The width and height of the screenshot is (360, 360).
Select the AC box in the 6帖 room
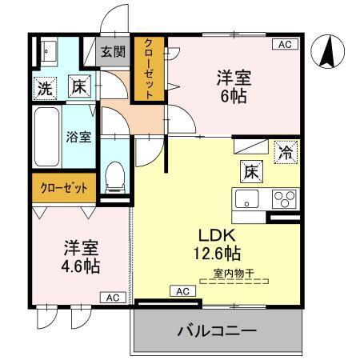point(284,45)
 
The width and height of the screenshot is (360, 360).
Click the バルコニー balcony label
point(215,330)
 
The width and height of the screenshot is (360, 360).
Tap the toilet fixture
point(117,177)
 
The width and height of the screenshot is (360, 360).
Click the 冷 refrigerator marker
point(283,150)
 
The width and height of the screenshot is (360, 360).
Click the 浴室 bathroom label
point(78,136)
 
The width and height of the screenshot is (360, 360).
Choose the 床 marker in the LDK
point(250,170)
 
